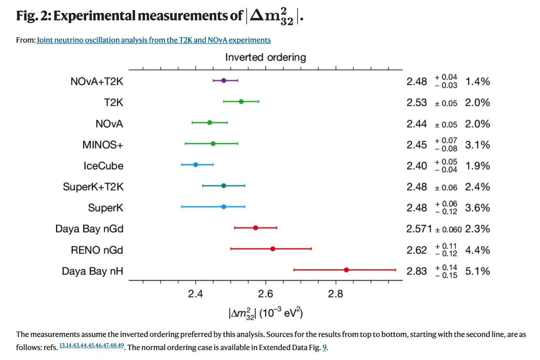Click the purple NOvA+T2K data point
coord(224,80)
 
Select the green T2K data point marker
coord(241,101)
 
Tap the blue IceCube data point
coord(195,164)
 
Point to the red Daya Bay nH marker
coord(346,270)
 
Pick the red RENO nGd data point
coord(273,249)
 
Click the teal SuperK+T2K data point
coord(224,186)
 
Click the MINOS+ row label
coord(103,144)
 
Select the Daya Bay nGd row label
coord(89,229)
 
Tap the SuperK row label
coord(105,208)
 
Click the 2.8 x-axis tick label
coord(336,295)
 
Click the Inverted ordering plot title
coord(265,57)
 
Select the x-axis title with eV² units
coord(266,313)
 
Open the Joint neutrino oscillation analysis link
coord(154,40)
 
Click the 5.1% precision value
coord(477,271)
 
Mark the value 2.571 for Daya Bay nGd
coord(419,229)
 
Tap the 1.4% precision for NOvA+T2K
coord(477,82)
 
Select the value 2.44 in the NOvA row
coord(417,124)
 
